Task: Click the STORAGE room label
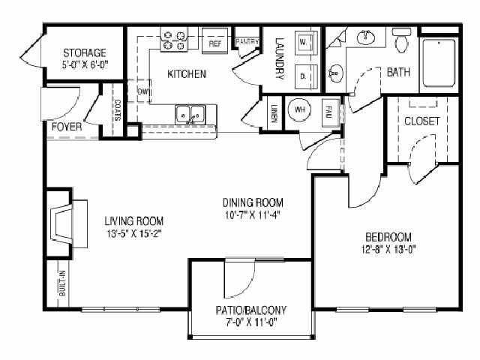click(x=84, y=52)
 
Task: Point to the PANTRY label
click(x=247, y=41)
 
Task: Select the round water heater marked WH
click(x=301, y=109)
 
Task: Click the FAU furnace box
click(x=328, y=111)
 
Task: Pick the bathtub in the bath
click(x=438, y=63)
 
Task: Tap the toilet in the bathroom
click(x=403, y=40)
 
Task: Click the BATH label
click(x=398, y=73)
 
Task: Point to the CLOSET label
click(x=421, y=121)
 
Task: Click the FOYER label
click(x=67, y=126)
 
